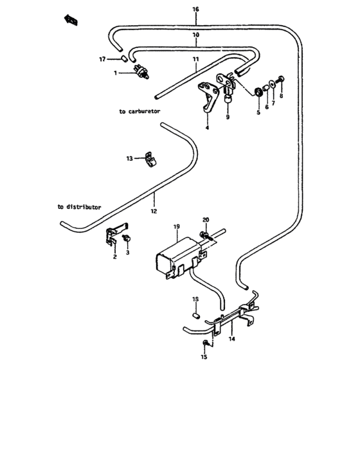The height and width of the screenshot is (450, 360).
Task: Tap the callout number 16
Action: pos(195,10)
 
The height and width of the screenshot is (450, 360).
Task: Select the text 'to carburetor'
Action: pos(139,111)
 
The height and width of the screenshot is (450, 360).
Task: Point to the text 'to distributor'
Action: pos(78,207)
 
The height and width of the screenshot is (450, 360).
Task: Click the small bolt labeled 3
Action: pos(127,239)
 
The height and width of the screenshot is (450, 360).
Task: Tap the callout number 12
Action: pos(154,210)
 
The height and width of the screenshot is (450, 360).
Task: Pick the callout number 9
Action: pos(227,118)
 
